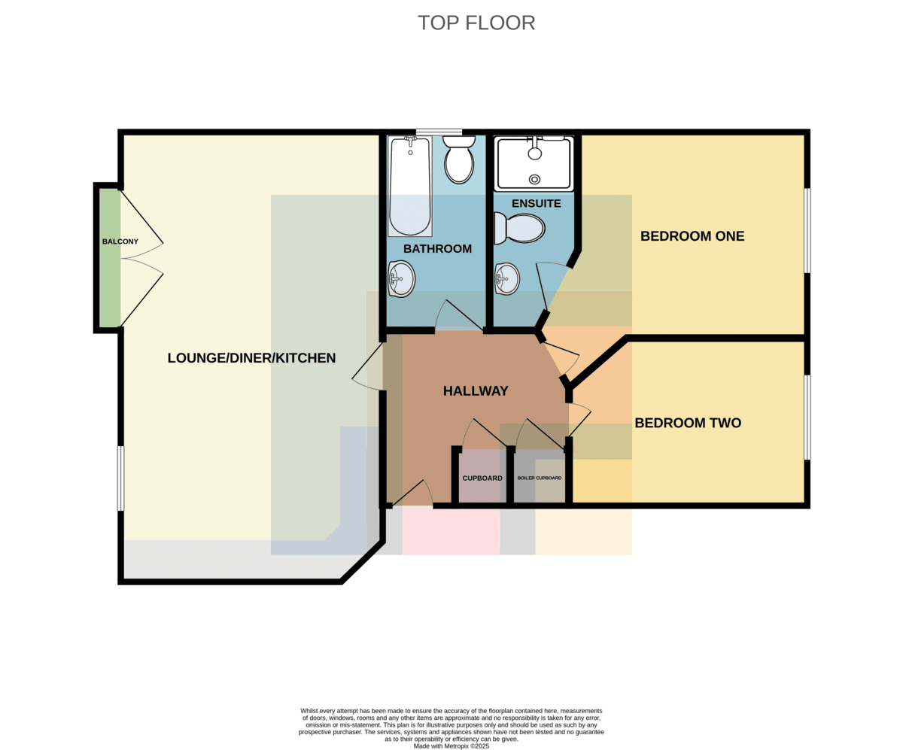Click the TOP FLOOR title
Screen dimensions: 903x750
tap(476, 23)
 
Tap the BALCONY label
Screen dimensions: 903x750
tap(120, 241)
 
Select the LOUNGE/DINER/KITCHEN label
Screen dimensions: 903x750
tap(251, 358)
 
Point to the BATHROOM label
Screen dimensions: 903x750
tap(437, 249)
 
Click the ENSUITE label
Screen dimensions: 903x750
tap(537, 204)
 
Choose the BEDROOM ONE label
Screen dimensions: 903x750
tap(692, 236)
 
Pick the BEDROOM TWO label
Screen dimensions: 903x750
tap(688, 423)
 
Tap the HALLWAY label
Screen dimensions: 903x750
tap(476, 391)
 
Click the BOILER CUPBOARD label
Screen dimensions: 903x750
tap(540, 478)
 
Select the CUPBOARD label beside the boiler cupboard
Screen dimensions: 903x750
tap(482, 478)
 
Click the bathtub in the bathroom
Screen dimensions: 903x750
tap(410, 187)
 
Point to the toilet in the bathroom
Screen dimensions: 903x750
tap(459, 159)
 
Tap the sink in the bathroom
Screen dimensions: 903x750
tap(401, 279)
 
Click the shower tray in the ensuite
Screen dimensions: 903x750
tap(534, 163)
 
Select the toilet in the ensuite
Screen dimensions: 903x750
tap(519, 228)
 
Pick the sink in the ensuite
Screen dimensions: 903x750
tap(507, 279)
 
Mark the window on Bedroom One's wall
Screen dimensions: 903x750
tap(807, 230)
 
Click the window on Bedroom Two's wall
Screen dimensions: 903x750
tap(807, 418)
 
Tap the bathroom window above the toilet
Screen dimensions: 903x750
tap(439, 132)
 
